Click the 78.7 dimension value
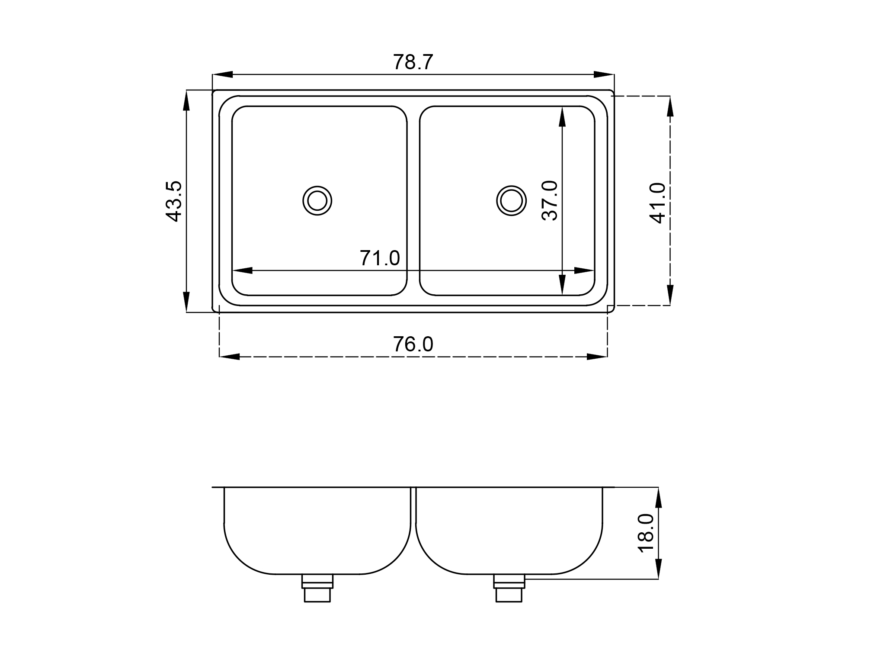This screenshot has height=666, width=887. [413, 62]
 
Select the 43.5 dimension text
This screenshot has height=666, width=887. [174, 202]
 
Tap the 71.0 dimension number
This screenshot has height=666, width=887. [380, 258]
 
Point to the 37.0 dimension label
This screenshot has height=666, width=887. [550, 201]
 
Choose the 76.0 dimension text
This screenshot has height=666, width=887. [413, 344]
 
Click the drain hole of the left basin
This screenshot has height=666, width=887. [317, 201]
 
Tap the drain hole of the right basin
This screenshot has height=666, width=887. [511, 201]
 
